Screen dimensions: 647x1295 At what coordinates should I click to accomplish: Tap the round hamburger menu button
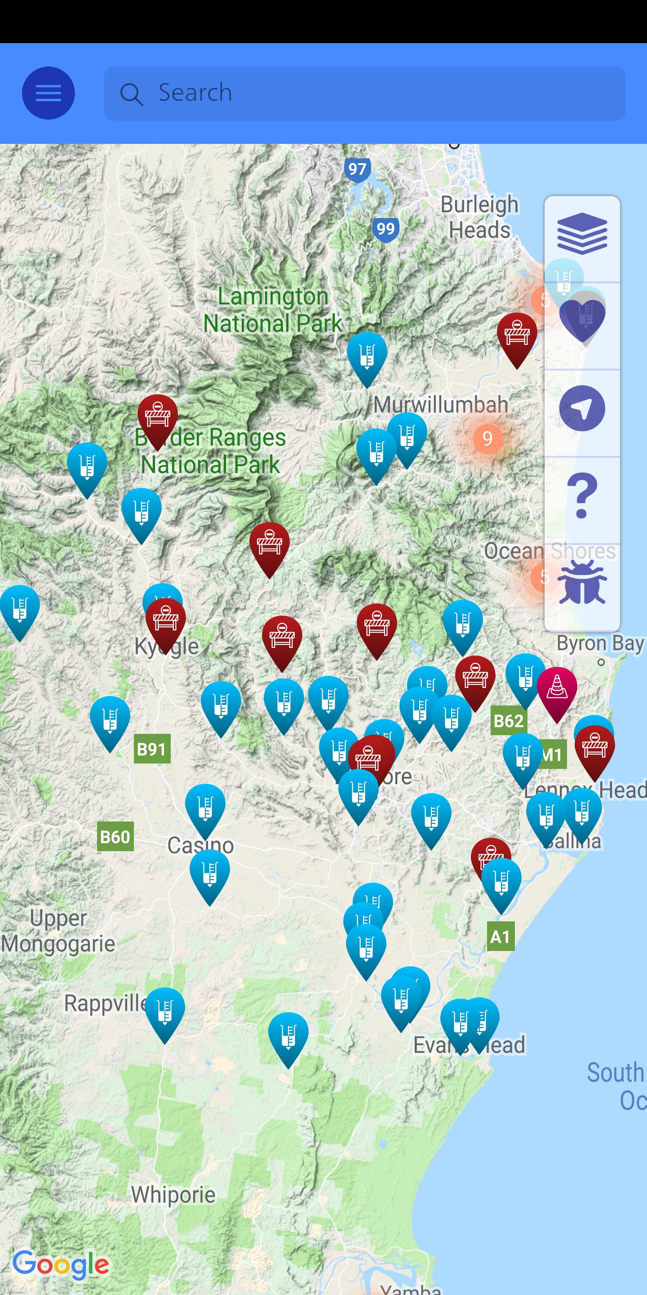coord(48,93)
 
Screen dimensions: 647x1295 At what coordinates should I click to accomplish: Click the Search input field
coord(364,94)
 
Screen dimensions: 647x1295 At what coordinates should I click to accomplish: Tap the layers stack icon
coord(582,234)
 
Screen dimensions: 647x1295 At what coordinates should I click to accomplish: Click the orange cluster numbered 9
coord(487,438)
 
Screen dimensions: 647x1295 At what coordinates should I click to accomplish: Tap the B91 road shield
coord(152,749)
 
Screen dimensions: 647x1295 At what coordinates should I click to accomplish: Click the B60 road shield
coord(115,836)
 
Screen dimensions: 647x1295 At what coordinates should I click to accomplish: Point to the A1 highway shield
coord(501,936)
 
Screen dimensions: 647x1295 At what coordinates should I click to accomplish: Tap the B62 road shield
coord(508,721)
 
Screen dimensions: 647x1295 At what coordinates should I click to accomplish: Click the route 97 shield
coord(357,169)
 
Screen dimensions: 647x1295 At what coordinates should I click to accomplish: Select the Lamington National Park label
coord(273,310)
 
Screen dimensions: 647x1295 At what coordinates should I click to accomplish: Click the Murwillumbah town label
coord(440,405)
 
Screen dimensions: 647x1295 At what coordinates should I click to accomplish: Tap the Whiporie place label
coord(173,1194)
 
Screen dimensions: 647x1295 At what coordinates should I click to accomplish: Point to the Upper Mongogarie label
coord(58,931)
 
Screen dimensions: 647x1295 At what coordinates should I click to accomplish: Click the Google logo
coord(61,1264)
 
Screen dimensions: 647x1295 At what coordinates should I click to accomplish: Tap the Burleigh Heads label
coord(479,217)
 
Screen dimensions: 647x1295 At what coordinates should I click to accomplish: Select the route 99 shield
coord(386,229)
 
